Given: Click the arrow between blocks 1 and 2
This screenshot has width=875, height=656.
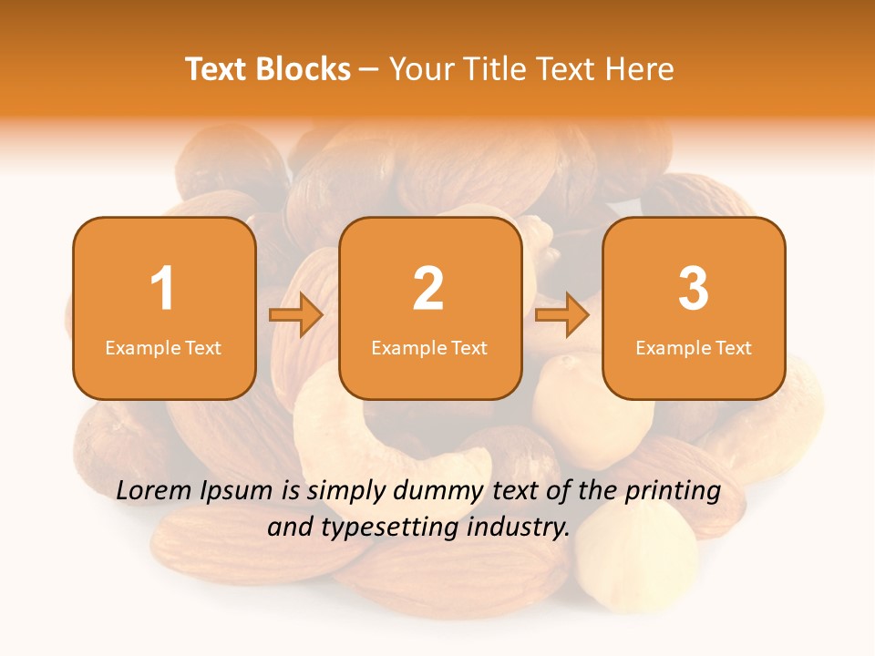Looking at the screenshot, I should [x=296, y=316].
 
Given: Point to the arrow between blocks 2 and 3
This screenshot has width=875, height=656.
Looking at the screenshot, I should [x=562, y=316].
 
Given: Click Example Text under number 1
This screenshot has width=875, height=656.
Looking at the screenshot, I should [x=163, y=347].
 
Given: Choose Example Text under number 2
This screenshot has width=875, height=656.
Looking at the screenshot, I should [x=429, y=347].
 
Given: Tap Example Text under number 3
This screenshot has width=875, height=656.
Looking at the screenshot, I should [x=694, y=347].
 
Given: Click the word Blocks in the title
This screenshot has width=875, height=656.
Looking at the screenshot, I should [x=304, y=69].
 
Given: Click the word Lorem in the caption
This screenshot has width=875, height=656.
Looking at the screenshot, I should [x=155, y=491].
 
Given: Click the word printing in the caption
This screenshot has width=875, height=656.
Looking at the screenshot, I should [x=672, y=492].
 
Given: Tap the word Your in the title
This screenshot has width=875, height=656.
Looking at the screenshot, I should [x=423, y=69].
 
